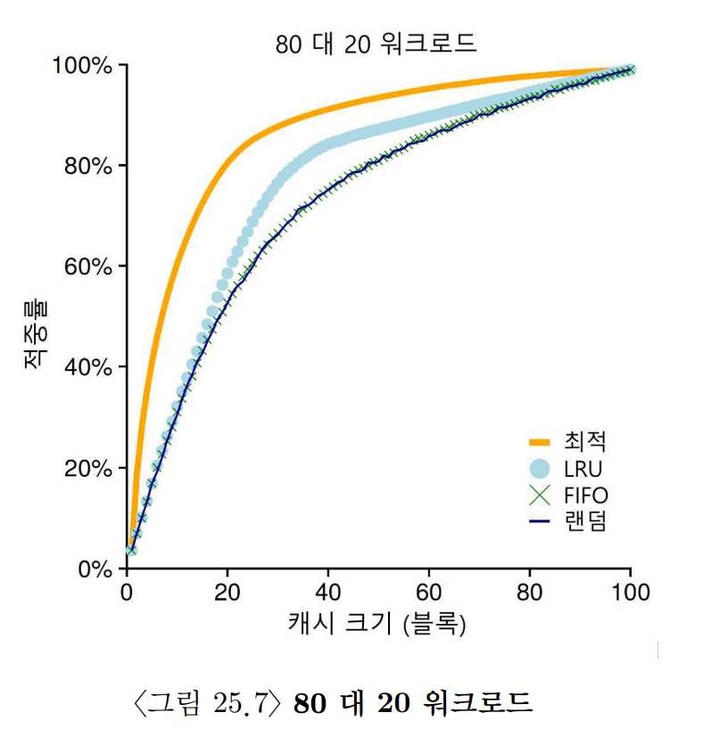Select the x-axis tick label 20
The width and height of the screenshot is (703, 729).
227,591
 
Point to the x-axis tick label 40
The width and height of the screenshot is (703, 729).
328,591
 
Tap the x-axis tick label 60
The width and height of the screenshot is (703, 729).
429,591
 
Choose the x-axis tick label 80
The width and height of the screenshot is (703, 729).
530,591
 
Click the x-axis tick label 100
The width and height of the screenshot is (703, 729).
631,591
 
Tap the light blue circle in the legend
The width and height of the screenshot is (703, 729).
538,467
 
